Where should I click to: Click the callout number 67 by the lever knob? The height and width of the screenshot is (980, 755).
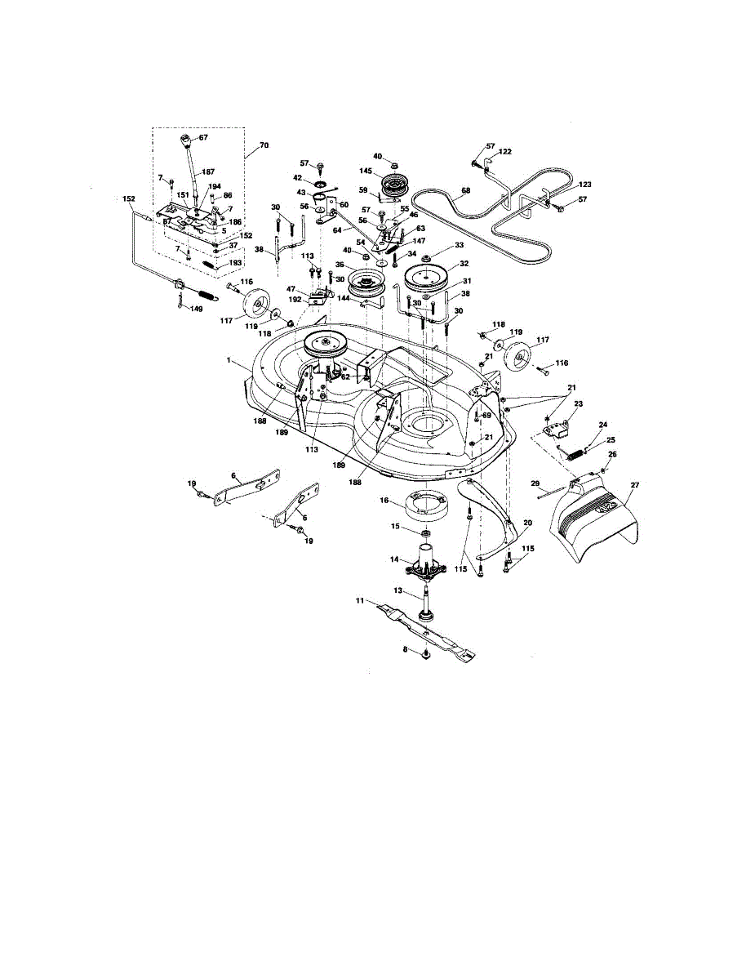coord(202,138)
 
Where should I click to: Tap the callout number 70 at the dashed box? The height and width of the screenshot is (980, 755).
coord(263,147)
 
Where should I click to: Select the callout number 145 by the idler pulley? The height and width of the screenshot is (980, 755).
coord(366,171)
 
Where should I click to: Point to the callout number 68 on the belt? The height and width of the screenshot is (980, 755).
coord(465,192)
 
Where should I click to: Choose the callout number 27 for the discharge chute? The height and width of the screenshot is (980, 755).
coord(635,485)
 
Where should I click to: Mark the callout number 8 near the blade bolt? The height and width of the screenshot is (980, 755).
coord(405,649)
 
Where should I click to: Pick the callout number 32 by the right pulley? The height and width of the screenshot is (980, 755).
coord(464,264)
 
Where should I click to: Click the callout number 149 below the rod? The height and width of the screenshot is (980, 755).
coord(196,309)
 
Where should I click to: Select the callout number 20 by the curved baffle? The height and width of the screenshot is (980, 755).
coord(527,523)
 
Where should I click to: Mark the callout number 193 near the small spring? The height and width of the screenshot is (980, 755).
coord(236,263)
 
